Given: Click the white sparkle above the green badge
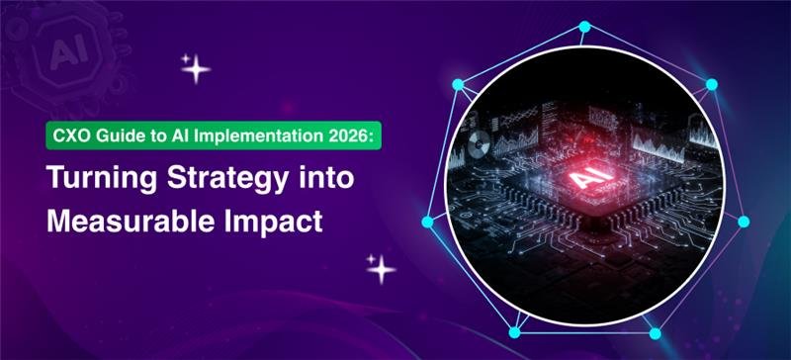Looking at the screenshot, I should (x=194, y=68).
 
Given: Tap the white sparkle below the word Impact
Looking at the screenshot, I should (x=380, y=268).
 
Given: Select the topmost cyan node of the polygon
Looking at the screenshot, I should (x=583, y=26).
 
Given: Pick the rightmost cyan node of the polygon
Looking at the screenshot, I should (x=744, y=222).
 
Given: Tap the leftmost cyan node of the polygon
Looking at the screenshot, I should (x=428, y=221).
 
